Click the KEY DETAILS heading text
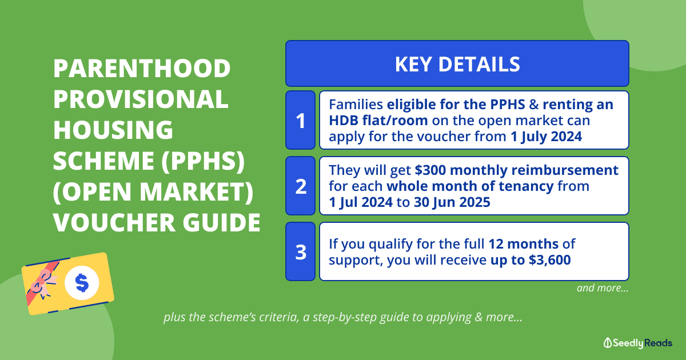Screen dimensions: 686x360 click(457, 64)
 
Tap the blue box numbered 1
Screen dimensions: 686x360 click(301, 120)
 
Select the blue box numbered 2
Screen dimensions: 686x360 click(301, 186)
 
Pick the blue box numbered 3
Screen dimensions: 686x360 click(301, 251)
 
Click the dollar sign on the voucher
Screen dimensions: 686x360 click(82, 282)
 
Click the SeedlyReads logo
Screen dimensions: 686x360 click(637, 343)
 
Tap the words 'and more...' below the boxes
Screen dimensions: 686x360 click(603, 288)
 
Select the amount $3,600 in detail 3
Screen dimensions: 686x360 click(550, 260)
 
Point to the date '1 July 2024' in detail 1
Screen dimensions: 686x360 click(546, 137)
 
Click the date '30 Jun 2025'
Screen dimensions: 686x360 click(452, 202)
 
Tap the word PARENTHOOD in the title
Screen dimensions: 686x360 click(142, 68)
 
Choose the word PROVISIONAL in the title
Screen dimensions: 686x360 click(141, 99)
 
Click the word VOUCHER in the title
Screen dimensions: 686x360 click(114, 222)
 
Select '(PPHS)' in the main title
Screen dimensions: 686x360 click(203, 161)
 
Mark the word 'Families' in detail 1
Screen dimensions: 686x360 click(356, 105)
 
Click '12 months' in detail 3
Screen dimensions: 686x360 click(524, 244)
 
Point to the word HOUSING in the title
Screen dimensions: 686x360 click(113, 130)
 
